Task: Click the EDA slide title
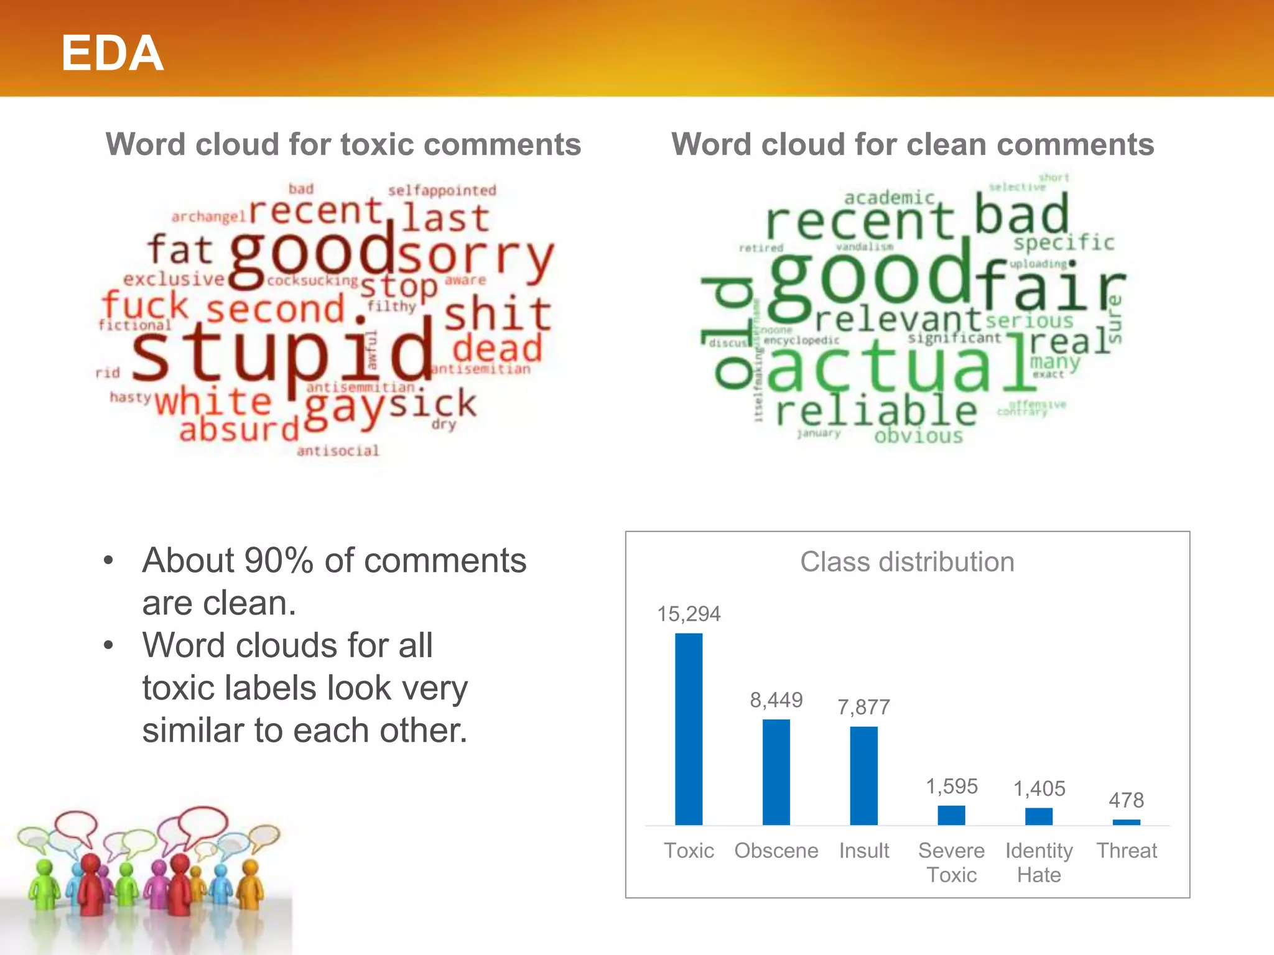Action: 112,53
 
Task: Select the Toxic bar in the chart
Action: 689,729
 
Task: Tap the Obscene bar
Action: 776,772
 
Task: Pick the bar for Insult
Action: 863,775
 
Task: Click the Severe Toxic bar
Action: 951,815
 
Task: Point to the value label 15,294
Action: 689,614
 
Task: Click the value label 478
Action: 1126,800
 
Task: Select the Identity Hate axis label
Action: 1039,862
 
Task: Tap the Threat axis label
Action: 1126,851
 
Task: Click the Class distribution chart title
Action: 907,562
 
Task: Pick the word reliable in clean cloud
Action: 876,411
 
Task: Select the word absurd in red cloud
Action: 239,430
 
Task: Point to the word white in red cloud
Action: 213,402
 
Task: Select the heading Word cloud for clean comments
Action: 913,144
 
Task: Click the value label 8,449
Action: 776,700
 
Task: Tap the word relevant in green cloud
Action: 898,320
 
